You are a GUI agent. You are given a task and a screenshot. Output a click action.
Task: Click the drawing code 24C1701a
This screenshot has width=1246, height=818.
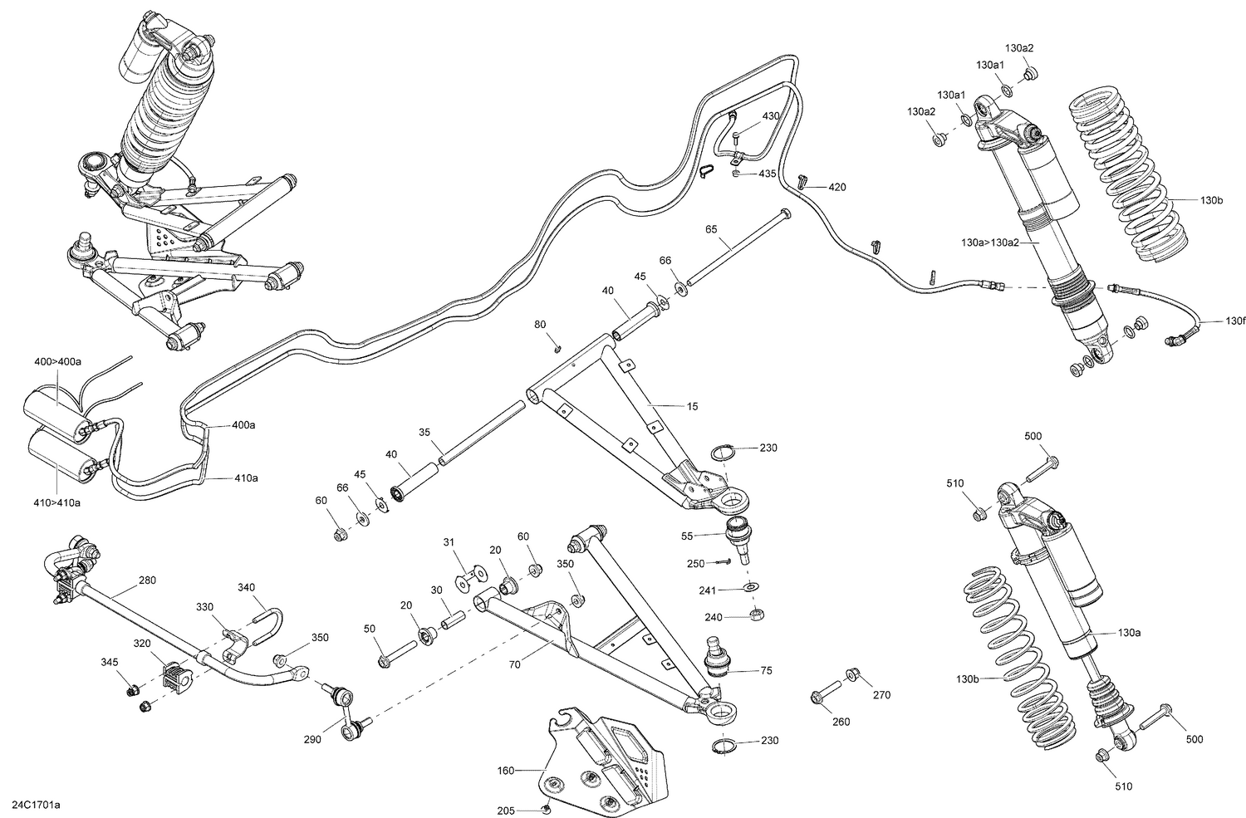(x=36, y=805)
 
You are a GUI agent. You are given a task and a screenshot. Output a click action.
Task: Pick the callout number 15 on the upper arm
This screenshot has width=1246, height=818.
(x=693, y=406)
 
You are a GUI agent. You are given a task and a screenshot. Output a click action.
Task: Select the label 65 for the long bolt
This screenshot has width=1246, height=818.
(x=711, y=228)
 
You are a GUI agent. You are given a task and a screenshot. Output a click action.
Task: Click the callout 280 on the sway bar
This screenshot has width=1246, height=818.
(x=146, y=580)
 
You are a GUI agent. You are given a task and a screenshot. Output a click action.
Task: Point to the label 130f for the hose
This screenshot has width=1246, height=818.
(x=1235, y=321)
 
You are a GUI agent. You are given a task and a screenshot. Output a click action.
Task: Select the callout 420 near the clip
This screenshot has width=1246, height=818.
(x=836, y=187)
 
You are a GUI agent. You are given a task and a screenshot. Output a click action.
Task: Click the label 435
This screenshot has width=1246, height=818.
(x=767, y=174)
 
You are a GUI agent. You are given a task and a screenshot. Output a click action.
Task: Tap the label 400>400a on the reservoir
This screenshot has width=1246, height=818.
(x=57, y=362)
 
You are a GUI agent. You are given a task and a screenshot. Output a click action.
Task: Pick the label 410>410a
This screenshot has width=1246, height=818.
(x=57, y=503)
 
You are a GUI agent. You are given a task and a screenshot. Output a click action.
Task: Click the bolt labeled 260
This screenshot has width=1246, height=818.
(x=822, y=693)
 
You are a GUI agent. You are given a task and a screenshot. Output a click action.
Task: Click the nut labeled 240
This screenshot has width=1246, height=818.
(x=756, y=615)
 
